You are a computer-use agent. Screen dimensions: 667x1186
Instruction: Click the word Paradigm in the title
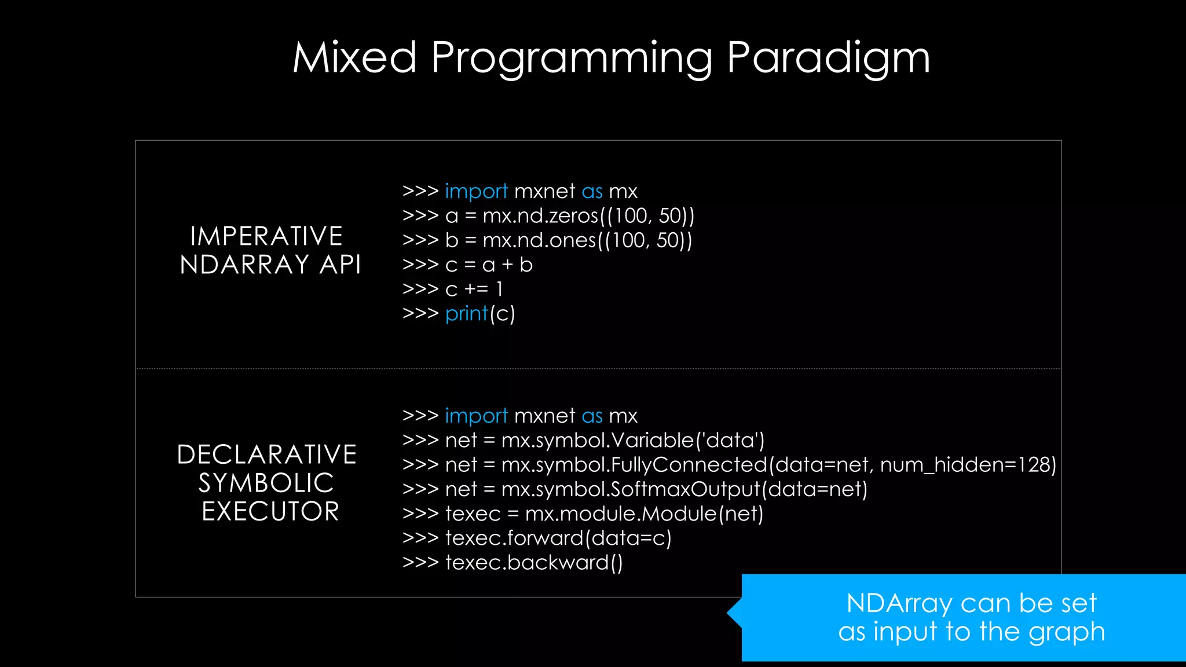click(x=828, y=58)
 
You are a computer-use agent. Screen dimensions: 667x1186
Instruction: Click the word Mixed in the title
click(x=354, y=58)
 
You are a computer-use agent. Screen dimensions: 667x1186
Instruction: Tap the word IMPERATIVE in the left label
click(x=266, y=236)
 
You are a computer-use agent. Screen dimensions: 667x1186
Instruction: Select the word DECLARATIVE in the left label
click(x=266, y=455)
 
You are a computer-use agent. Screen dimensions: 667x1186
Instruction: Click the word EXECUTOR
click(x=270, y=511)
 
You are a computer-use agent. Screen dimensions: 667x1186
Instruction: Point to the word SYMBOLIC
click(x=266, y=483)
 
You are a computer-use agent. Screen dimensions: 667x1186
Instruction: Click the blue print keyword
click(x=467, y=314)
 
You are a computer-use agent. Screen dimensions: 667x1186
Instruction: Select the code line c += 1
click(x=474, y=289)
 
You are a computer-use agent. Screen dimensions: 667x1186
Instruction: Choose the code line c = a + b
click(x=489, y=265)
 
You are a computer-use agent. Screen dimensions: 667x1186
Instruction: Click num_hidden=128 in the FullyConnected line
click(x=968, y=465)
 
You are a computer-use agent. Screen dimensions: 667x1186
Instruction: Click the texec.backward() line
click(x=533, y=563)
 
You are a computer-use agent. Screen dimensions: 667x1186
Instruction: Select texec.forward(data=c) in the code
click(x=558, y=538)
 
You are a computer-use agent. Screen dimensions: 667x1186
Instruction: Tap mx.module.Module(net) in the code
click(x=644, y=514)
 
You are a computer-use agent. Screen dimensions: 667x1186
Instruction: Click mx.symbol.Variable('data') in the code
click(x=632, y=441)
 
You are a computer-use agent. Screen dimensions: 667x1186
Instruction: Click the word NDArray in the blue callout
click(x=899, y=603)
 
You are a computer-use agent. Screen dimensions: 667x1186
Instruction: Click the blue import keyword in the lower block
click(x=476, y=416)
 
